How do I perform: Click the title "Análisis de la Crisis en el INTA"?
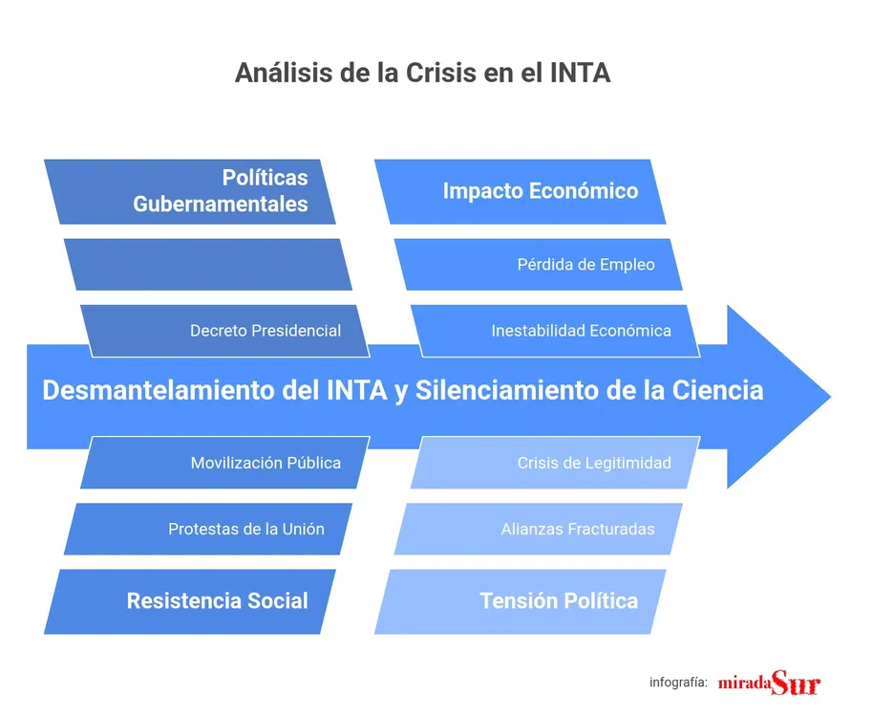point(422,73)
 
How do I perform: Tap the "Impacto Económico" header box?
point(540,191)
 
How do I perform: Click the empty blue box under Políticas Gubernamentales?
point(208,264)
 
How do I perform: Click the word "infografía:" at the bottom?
point(678,683)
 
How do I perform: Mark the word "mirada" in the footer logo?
point(744,684)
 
